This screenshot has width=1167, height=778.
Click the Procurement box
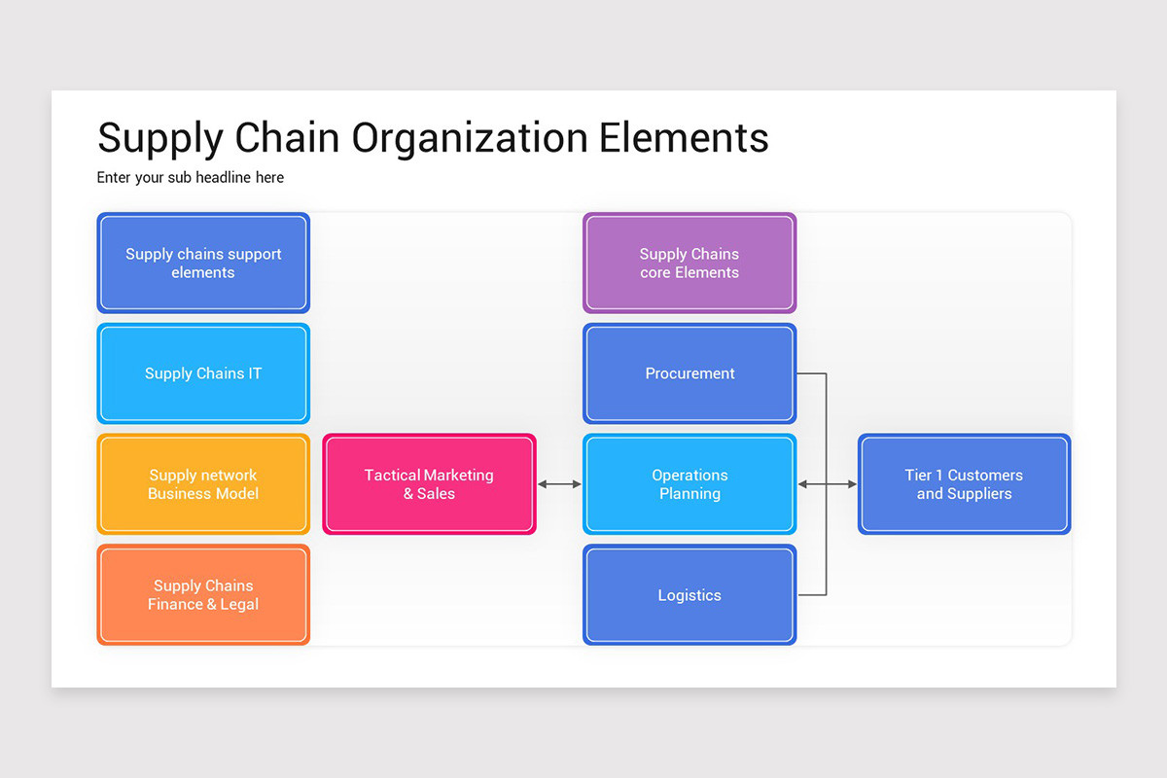pyautogui.click(x=690, y=373)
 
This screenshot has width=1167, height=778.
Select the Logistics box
pyautogui.click(x=690, y=595)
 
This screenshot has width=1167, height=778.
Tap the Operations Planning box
pyautogui.click(x=690, y=484)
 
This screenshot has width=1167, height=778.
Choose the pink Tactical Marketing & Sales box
pyautogui.click(x=429, y=484)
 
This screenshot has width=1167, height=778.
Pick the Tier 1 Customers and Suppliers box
pyautogui.click(x=964, y=484)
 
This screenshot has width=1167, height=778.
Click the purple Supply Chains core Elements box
pyautogui.click(x=690, y=263)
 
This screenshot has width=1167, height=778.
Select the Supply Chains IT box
pyautogui.click(x=203, y=373)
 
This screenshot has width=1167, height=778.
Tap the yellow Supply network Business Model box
pyautogui.click(x=203, y=484)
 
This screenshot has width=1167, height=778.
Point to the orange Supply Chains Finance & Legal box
pyautogui.click(x=203, y=595)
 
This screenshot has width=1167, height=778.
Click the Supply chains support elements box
pyautogui.click(x=203, y=263)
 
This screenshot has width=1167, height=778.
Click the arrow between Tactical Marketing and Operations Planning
pyautogui.click(x=559, y=484)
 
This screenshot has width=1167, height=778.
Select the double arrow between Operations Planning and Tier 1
pyautogui.click(x=828, y=484)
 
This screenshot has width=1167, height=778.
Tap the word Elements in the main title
pyautogui.click(x=684, y=137)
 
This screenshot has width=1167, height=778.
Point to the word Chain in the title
pyautogui.click(x=288, y=137)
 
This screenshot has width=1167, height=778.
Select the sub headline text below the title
pyautogui.click(x=191, y=177)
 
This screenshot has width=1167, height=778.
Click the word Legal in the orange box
pyautogui.click(x=238, y=605)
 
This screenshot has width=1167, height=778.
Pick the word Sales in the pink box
pyautogui.click(x=436, y=494)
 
